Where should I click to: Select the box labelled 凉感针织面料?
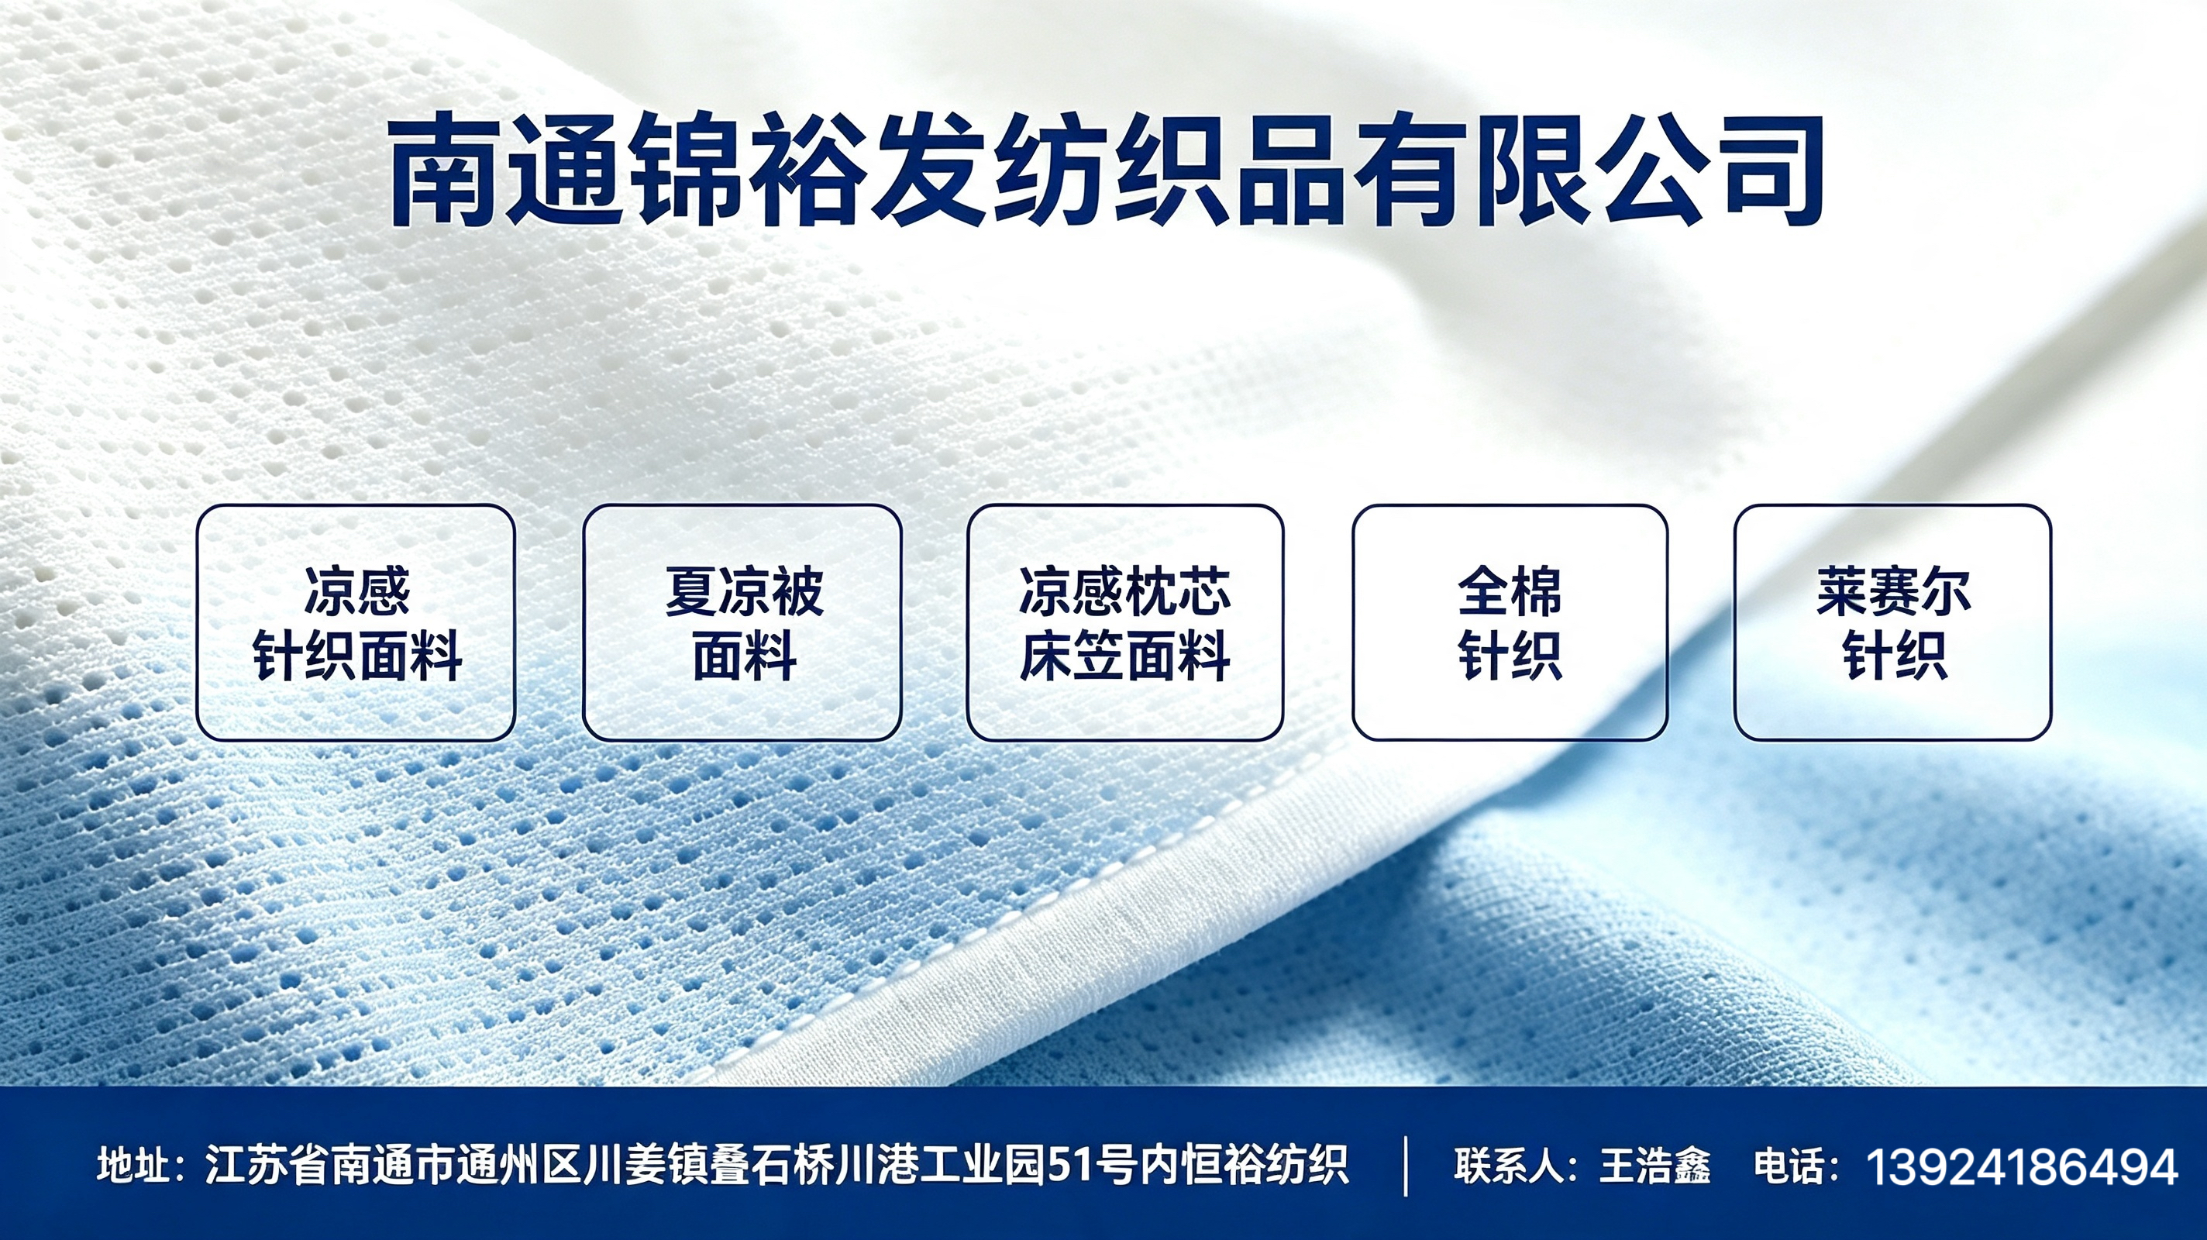click(x=356, y=622)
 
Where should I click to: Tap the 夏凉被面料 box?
click(x=742, y=622)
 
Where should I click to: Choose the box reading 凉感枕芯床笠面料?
click(x=1125, y=622)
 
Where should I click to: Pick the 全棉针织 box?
click(x=1510, y=622)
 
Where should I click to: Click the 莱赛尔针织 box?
click(x=1892, y=622)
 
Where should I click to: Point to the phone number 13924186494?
click(x=2021, y=1166)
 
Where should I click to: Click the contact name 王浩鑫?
click(x=1654, y=1166)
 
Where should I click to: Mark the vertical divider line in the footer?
click(x=1406, y=1166)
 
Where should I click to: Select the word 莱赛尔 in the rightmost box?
click(x=1893, y=591)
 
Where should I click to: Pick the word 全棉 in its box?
click(x=1510, y=591)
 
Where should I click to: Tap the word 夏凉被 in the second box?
click(x=744, y=591)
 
